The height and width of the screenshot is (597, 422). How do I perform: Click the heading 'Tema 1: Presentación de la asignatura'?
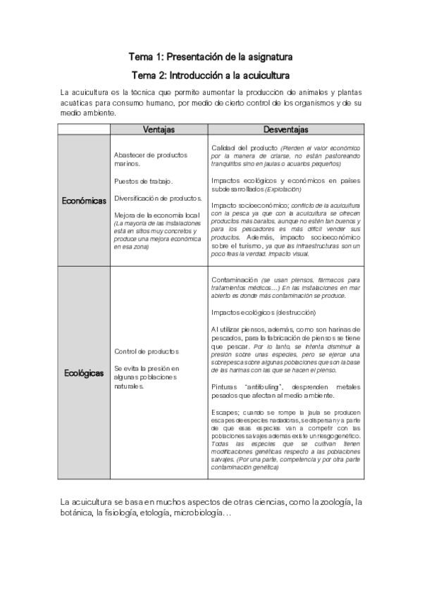click(x=211, y=56)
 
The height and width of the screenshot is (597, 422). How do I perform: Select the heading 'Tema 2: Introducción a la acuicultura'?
click(x=211, y=74)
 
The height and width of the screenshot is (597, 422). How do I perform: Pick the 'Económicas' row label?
click(x=84, y=201)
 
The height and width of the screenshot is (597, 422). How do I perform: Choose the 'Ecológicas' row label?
click(x=84, y=372)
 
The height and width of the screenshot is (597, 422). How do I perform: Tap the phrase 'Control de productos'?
click(x=147, y=351)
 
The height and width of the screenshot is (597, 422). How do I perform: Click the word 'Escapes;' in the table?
click(x=225, y=412)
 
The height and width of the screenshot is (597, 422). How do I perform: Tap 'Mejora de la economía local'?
click(x=158, y=214)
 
